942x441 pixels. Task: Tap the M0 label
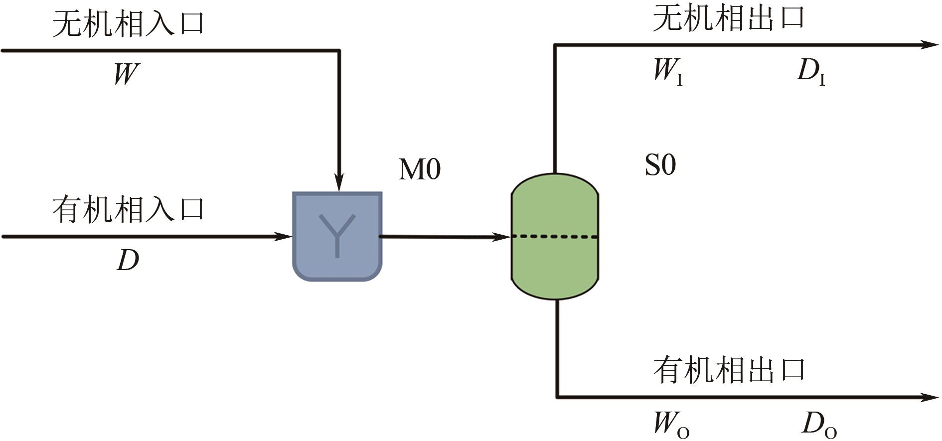click(x=420, y=169)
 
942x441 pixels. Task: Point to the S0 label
click(x=660, y=165)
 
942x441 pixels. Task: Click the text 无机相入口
click(x=128, y=24)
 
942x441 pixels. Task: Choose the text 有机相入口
click(x=128, y=209)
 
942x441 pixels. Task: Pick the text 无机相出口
click(x=729, y=19)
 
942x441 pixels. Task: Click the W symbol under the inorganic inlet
click(x=126, y=74)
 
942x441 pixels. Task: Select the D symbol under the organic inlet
click(x=128, y=260)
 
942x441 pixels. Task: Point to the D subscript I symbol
click(x=810, y=72)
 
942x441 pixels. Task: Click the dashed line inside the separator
click(x=555, y=237)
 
